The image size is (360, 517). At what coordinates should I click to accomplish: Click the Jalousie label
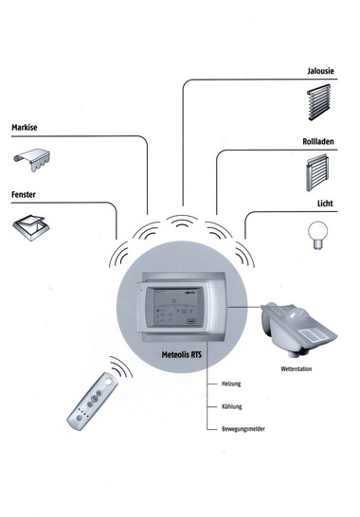(x=320, y=71)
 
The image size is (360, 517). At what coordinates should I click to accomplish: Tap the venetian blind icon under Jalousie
(x=318, y=102)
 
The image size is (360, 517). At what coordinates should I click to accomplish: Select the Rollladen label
(x=318, y=141)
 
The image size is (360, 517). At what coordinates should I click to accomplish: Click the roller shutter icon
(x=317, y=172)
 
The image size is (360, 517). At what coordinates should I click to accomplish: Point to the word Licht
(x=325, y=204)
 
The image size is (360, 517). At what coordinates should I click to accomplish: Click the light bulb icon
(x=317, y=235)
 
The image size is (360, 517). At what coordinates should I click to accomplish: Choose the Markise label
(x=24, y=128)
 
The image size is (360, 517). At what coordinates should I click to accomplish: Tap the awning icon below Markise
(x=31, y=160)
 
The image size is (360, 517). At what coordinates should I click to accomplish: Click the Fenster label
(x=24, y=194)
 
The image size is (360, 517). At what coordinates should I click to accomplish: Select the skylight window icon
(x=31, y=228)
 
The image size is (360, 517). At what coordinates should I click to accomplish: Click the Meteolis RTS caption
(x=182, y=355)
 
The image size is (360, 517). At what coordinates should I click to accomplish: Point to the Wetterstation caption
(x=296, y=369)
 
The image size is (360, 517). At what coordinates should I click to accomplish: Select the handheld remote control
(x=93, y=401)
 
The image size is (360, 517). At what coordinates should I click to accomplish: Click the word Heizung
(x=231, y=383)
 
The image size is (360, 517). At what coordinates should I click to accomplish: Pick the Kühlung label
(x=232, y=406)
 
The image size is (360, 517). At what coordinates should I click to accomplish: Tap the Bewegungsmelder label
(x=243, y=429)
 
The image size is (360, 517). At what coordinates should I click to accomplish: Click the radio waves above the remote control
(x=121, y=366)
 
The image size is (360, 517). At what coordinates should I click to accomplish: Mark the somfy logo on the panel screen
(x=190, y=293)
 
